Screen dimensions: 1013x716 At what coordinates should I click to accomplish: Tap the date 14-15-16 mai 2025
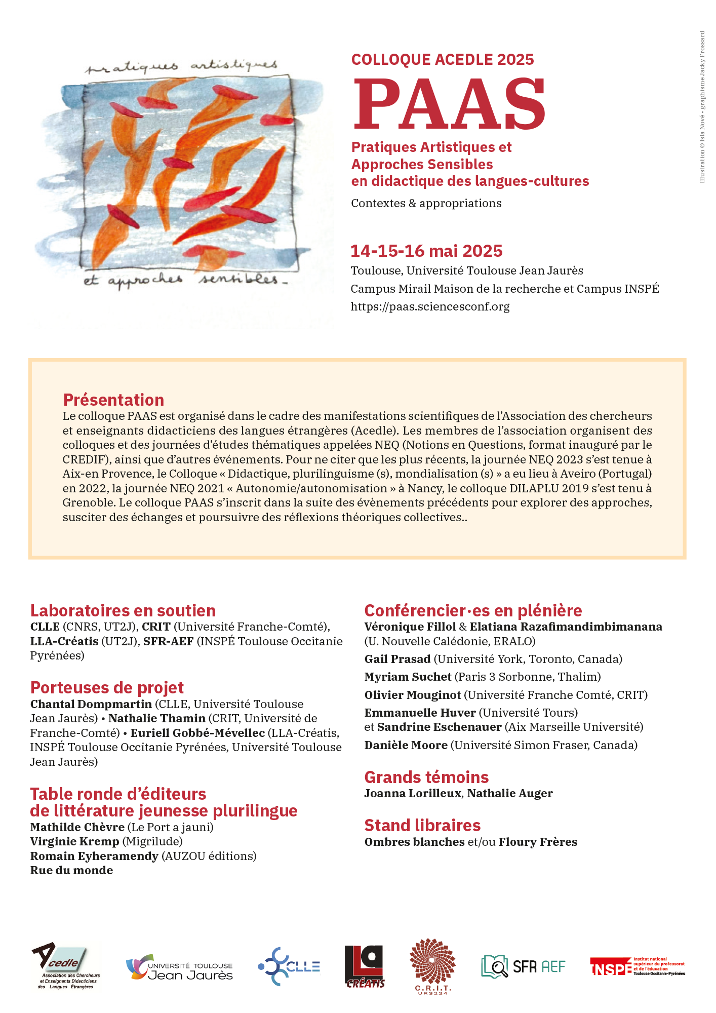(426, 251)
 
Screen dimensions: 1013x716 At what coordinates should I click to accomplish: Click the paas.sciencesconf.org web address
(430, 306)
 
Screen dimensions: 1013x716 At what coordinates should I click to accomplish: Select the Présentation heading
(113, 400)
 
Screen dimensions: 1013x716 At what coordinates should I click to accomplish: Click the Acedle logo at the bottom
(66, 966)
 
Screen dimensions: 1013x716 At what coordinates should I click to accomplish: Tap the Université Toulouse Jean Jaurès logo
(180, 967)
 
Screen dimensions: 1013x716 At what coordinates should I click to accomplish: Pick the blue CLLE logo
(289, 966)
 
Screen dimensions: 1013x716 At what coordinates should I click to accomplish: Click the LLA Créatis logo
(365, 966)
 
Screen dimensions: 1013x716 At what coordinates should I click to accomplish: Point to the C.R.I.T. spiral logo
(433, 965)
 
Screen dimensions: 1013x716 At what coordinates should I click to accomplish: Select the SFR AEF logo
(523, 966)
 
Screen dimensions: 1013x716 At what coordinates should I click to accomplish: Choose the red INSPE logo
(637, 966)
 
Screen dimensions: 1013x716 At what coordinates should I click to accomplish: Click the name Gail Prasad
(397, 659)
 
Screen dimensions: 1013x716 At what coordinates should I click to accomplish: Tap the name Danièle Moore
(406, 745)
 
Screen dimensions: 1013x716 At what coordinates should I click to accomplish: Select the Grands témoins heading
(426, 777)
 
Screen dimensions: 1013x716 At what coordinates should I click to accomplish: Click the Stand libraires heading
(422, 825)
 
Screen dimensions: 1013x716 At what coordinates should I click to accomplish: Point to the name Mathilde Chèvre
(77, 827)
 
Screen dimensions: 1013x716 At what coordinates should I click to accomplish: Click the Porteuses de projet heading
(107, 687)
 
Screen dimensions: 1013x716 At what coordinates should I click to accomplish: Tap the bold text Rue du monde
(71, 870)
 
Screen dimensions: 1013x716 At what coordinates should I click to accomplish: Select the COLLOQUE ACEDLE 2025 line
(443, 59)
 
